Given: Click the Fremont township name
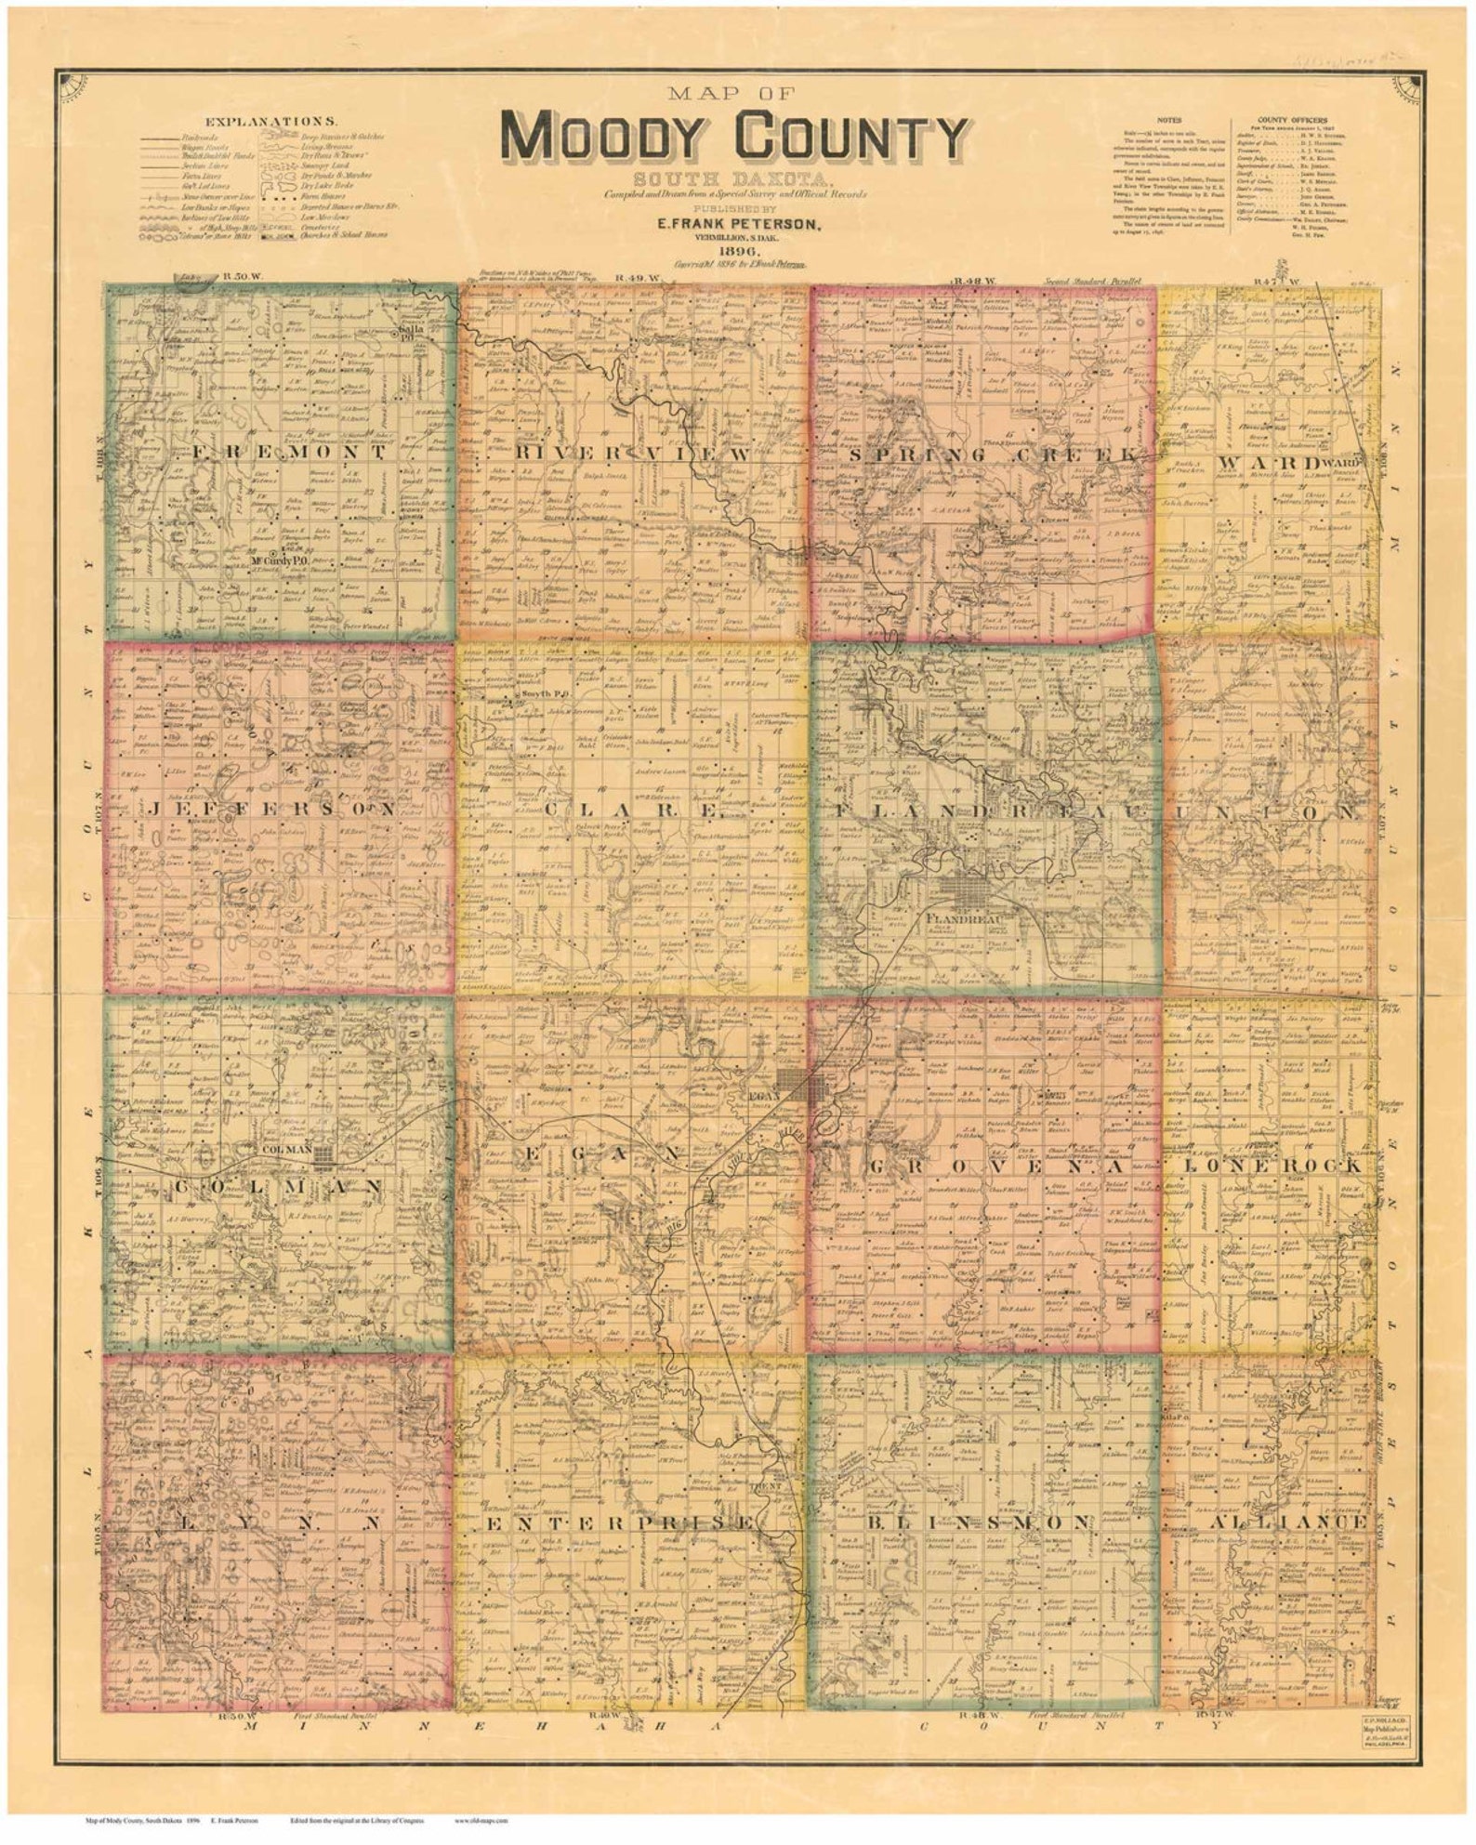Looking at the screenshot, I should pyautogui.click(x=289, y=453).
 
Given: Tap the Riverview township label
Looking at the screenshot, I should pyautogui.click(x=631, y=455).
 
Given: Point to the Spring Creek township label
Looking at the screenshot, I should pyautogui.click(x=992, y=455).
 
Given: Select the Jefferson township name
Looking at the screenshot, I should pyautogui.click(x=270, y=810).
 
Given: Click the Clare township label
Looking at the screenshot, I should pyautogui.click(x=632, y=810).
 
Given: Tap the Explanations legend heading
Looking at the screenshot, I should pyautogui.click(x=271, y=121).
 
